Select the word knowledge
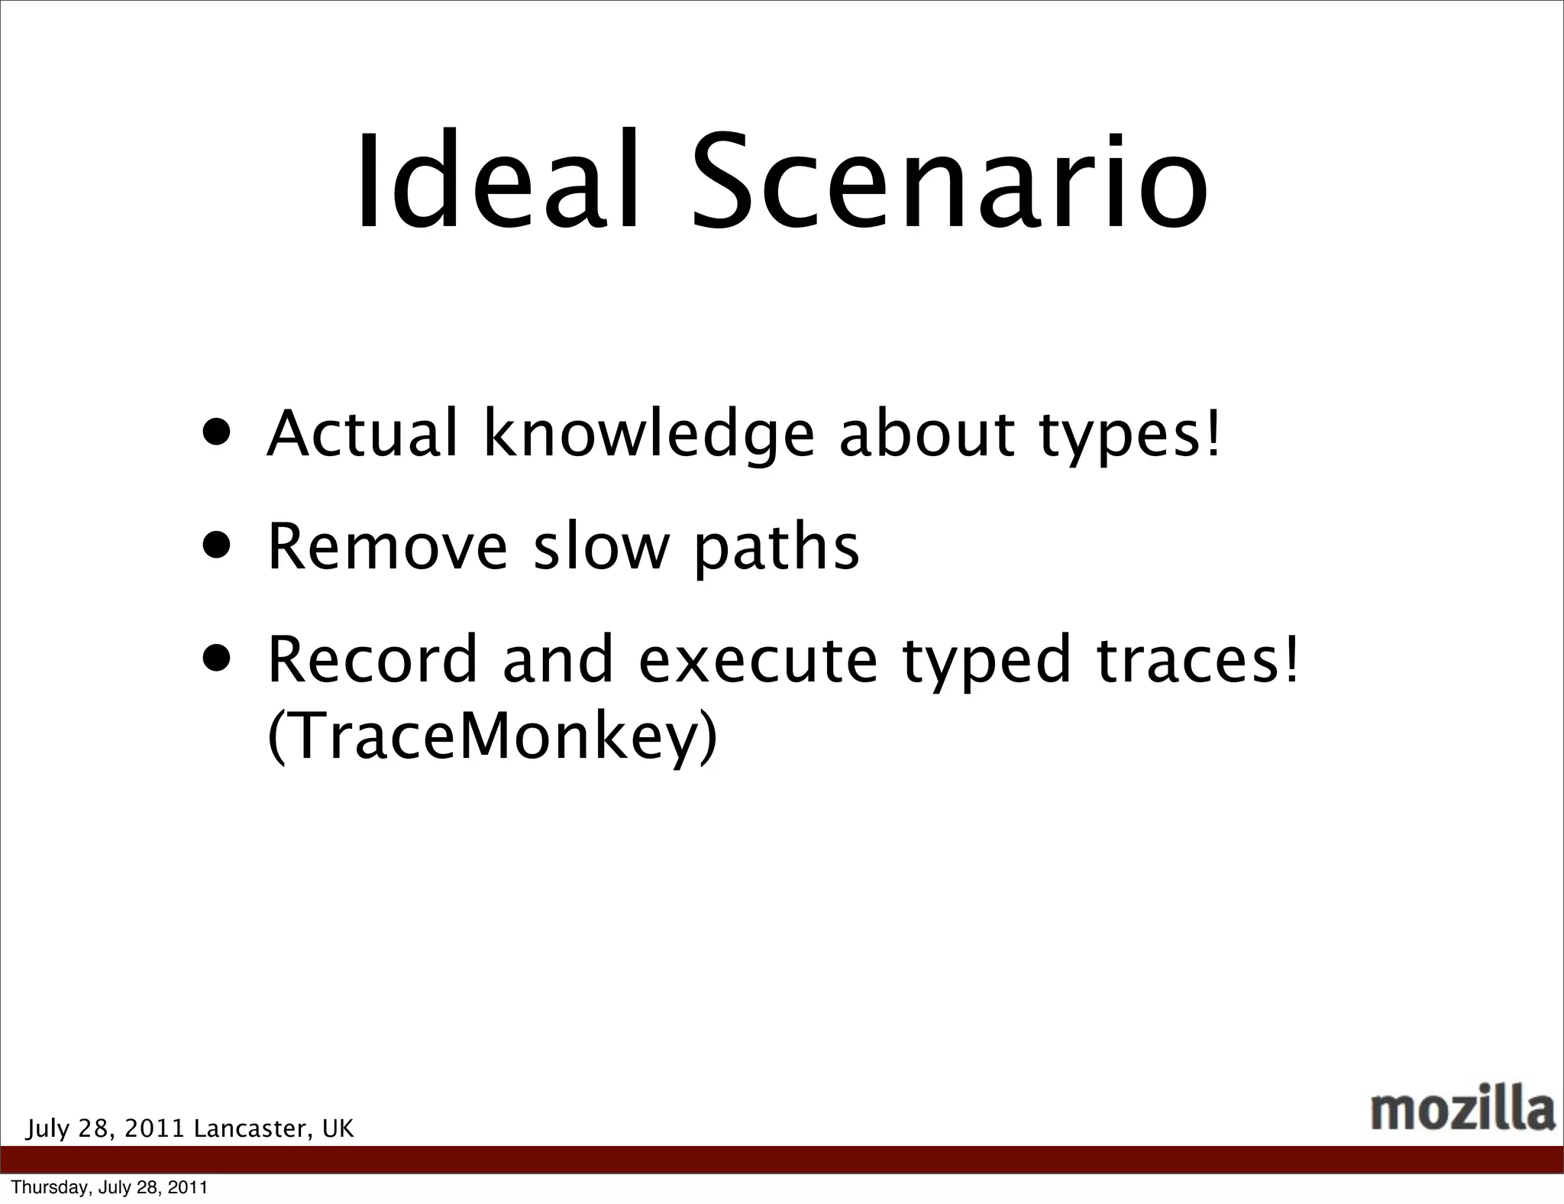tap(649, 435)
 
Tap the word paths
tap(777, 549)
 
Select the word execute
tap(758, 661)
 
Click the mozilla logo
tap(1462, 1111)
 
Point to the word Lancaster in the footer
tap(253, 1128)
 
